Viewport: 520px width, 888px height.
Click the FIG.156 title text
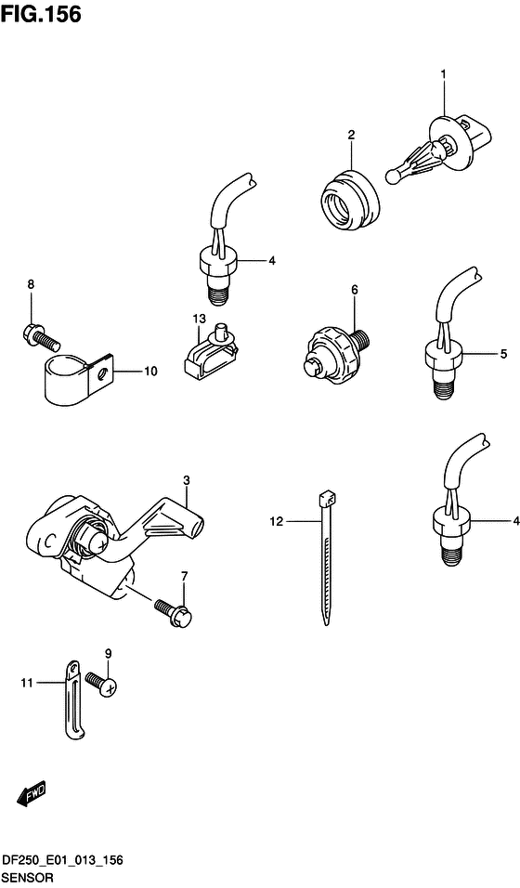(41, 15)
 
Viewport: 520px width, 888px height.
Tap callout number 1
(444, 73)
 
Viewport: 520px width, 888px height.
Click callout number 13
(199, 320)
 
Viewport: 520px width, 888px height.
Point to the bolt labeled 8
(41, 335)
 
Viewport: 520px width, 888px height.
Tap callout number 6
(355, 290)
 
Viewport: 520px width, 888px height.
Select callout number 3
(187, 480)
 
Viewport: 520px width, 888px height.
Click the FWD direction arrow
(32, 794)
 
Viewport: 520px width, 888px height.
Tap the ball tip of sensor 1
(393, 176)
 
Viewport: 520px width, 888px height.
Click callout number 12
(276, 522)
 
